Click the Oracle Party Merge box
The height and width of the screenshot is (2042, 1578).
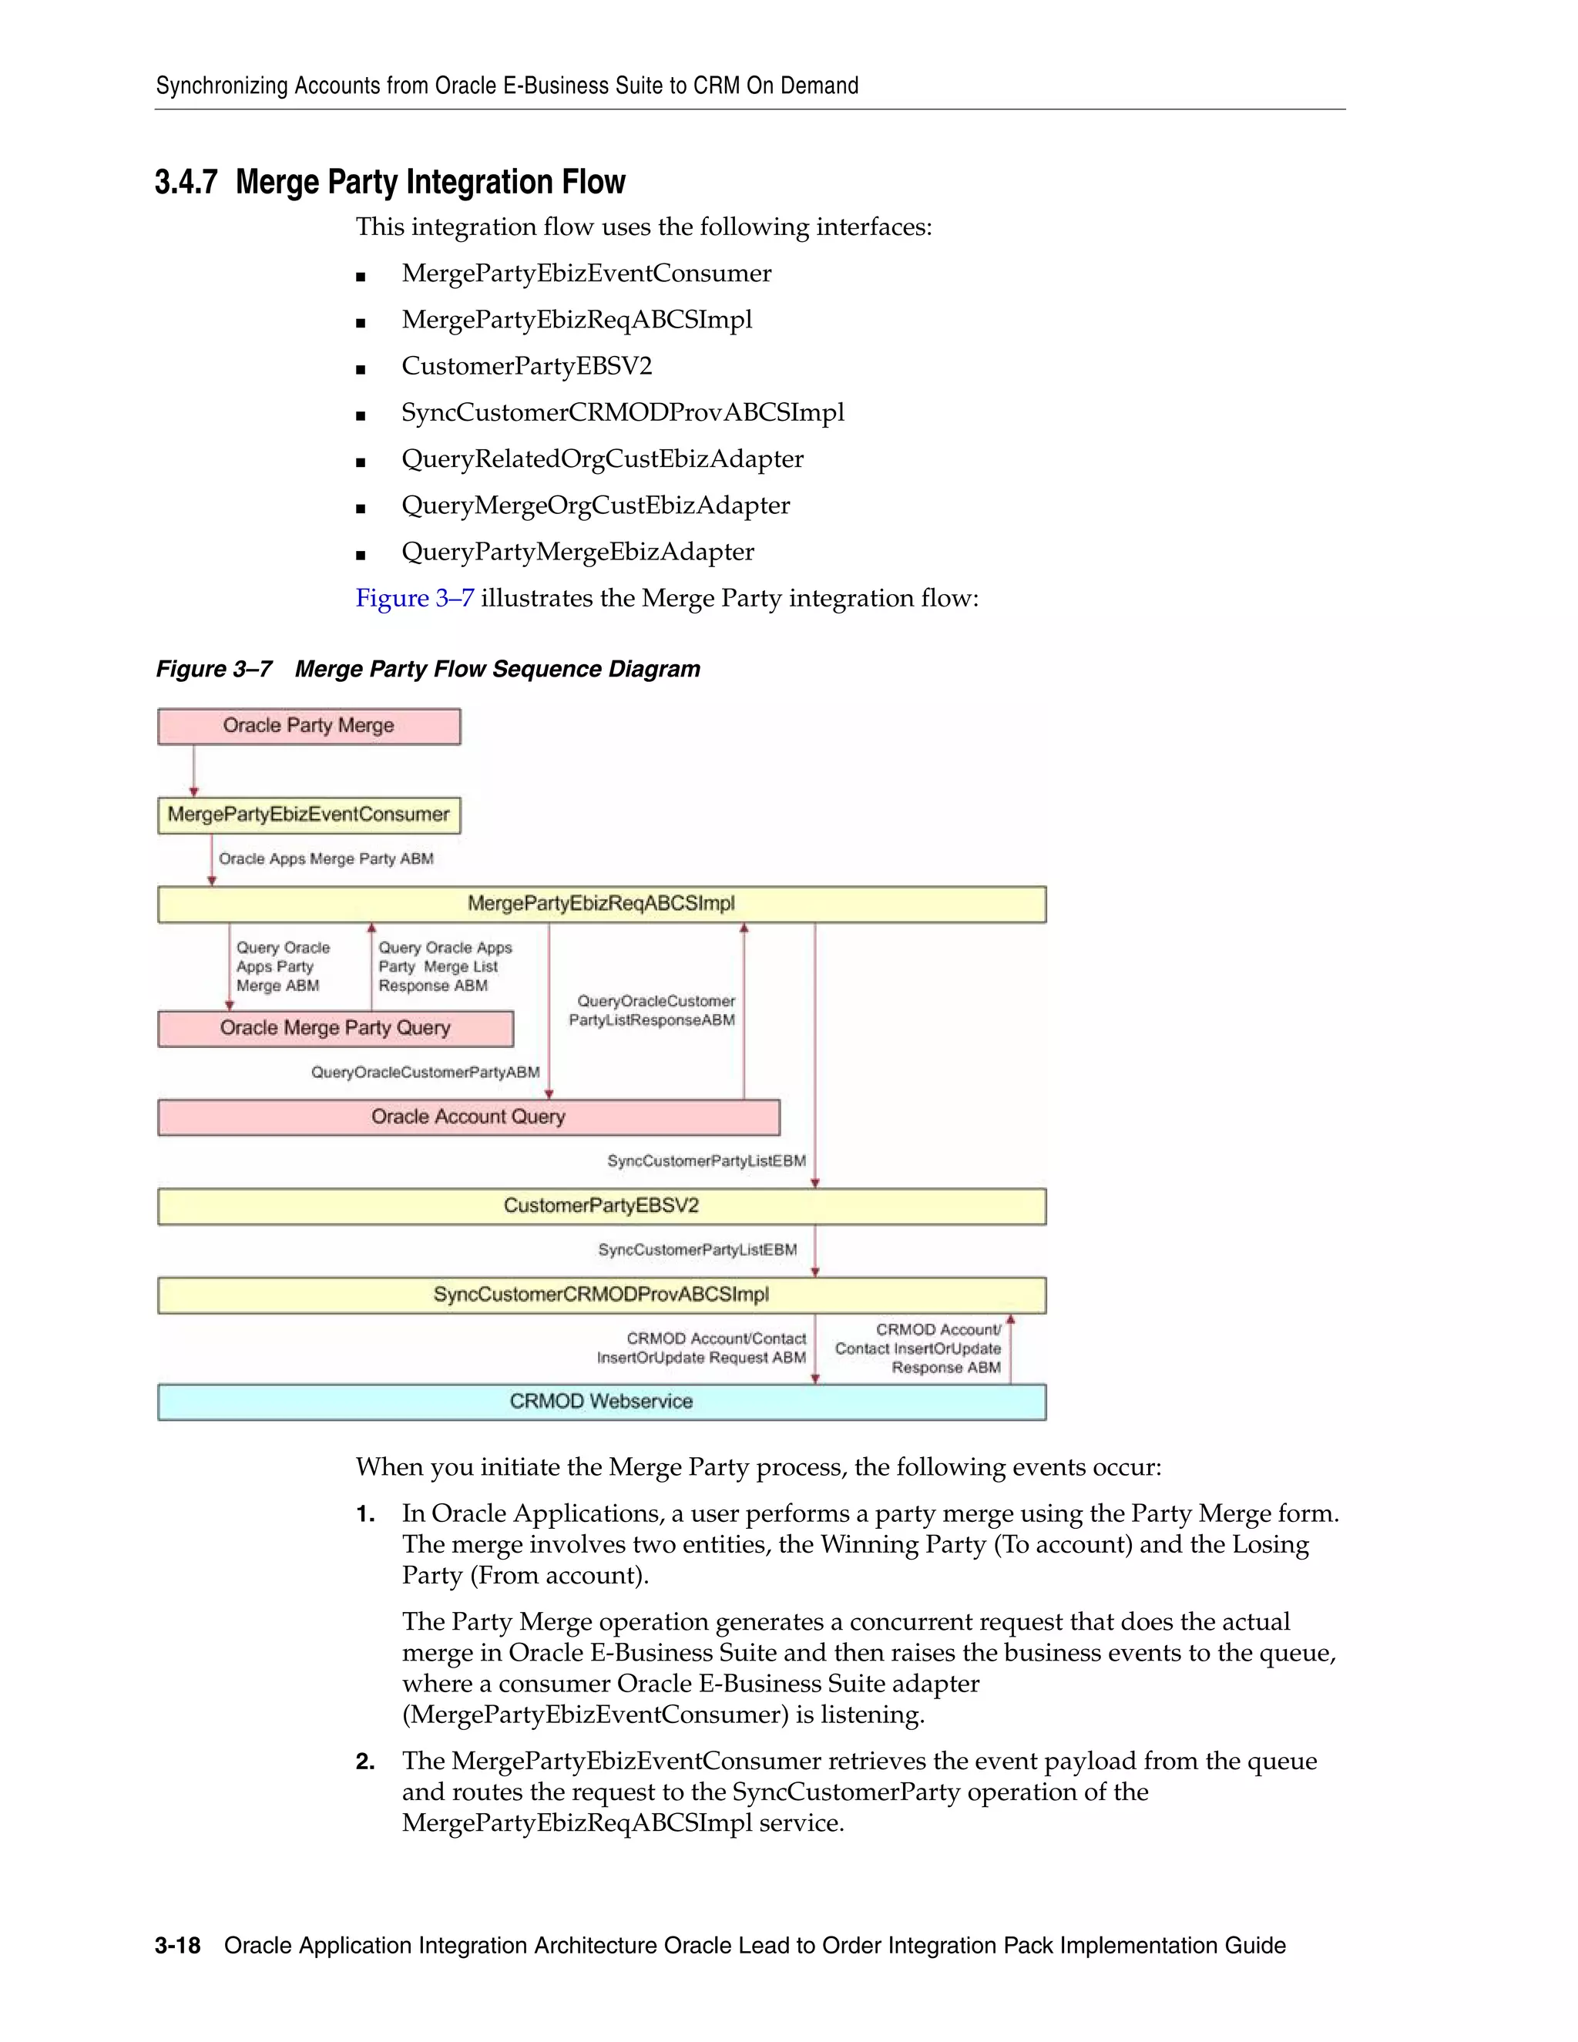click(308, 727)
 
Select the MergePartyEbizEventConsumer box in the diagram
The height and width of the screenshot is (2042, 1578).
click(308, 814)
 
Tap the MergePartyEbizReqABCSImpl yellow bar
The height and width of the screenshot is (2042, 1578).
click(601, 904)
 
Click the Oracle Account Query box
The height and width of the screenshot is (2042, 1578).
click(468, 1117)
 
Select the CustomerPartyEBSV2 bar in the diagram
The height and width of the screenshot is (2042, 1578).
click(601, 1206)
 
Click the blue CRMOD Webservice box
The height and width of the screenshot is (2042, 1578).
click(601, 1402)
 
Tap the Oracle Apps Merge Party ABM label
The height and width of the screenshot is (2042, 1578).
click(325, 859)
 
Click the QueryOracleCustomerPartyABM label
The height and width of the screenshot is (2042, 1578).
click(425, 1073)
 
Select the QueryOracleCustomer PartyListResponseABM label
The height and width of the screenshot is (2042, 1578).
click(652, 1011)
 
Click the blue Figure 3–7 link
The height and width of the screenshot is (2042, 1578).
click(414, 599)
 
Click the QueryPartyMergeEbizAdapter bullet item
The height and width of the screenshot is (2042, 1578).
click(577, 552)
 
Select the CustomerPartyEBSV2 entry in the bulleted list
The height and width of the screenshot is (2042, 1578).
click(526, 365)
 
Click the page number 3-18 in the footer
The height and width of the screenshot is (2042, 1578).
click(178, 1946)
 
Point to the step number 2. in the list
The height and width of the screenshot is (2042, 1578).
click(364, 1762)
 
